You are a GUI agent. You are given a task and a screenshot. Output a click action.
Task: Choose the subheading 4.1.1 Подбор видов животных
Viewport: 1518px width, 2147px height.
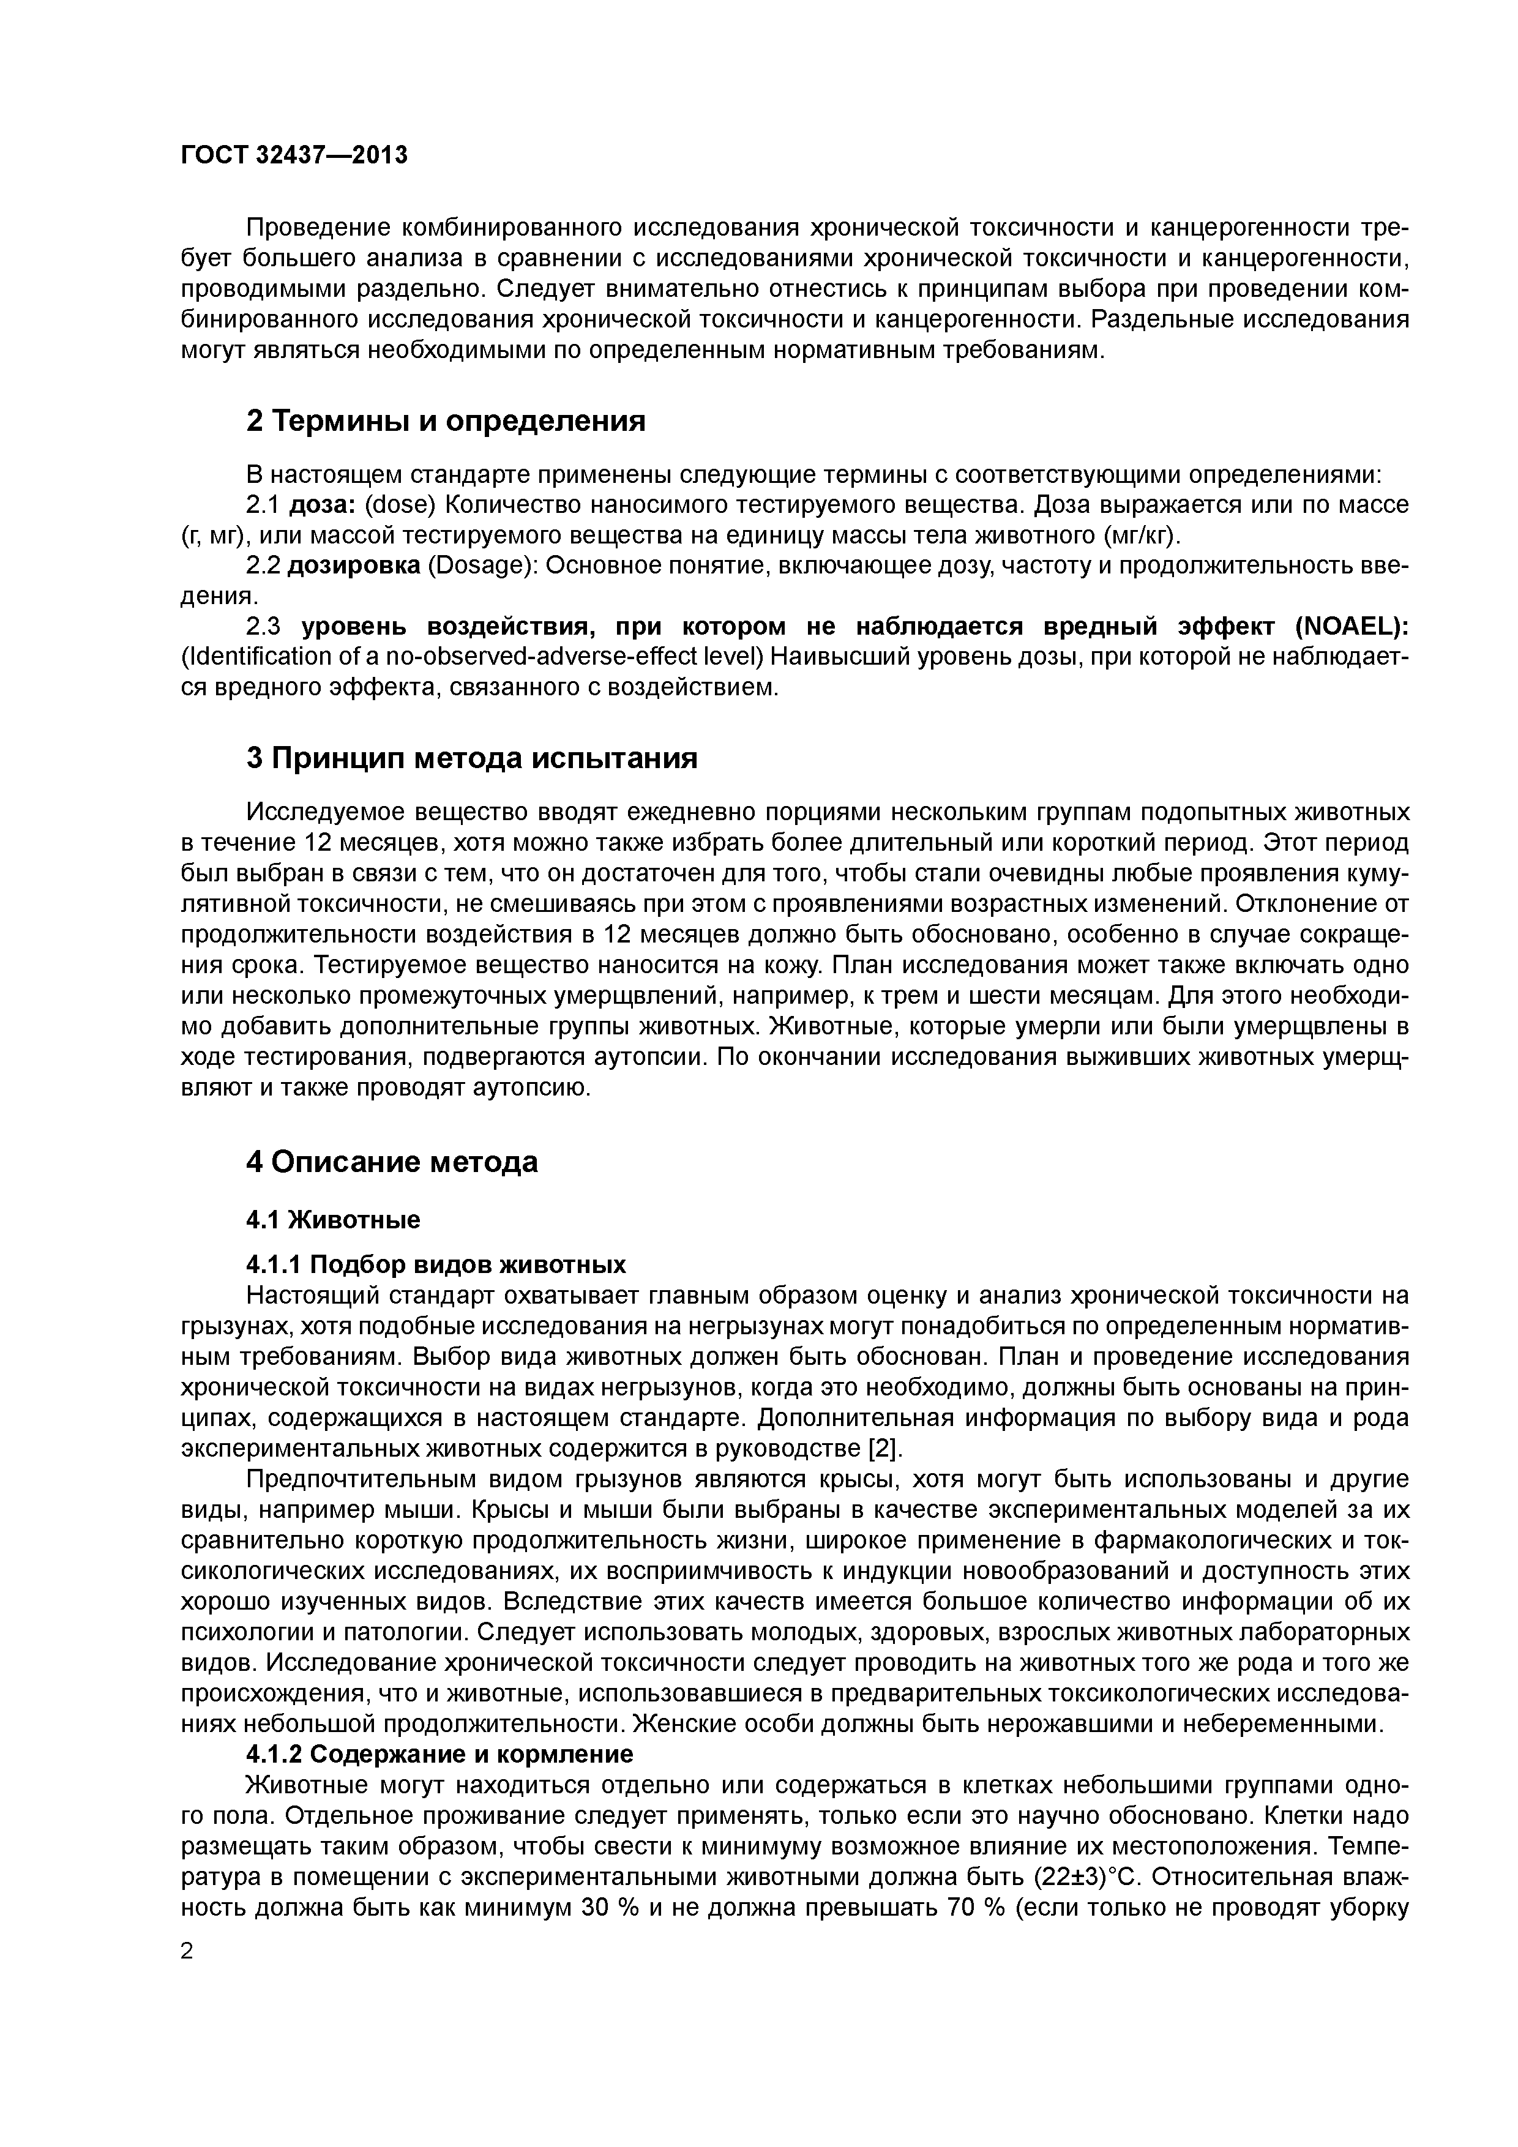436,1265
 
